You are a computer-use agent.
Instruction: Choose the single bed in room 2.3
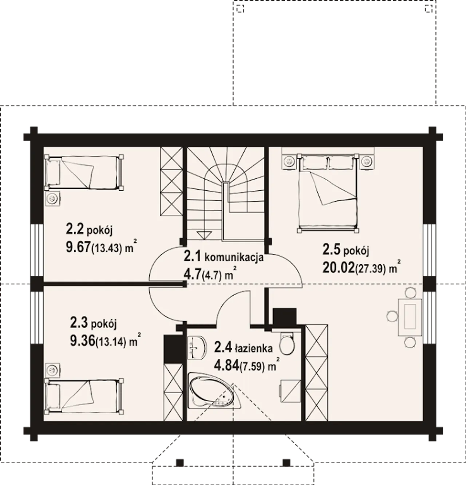(x=84, y=397)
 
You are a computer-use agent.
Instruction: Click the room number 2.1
(x=192, y=256)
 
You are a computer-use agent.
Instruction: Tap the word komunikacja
(x=234, y=257)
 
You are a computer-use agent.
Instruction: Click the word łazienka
(x=254, y=348)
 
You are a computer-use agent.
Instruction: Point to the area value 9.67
(x=78, y=247)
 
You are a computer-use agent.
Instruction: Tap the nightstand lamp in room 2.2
(x=53, y=198)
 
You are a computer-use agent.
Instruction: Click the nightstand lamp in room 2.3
(x=53, y=370)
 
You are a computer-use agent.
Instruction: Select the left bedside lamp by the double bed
(x=289, y=161)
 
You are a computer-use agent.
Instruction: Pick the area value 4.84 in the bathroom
(x=226, y=366)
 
